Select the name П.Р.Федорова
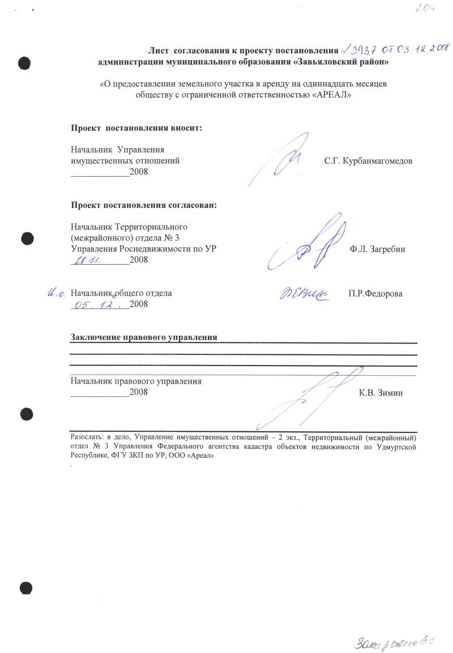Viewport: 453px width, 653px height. pos(375,294)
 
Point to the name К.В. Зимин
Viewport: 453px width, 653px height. pos(381,393)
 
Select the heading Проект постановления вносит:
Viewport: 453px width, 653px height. pos(136,128)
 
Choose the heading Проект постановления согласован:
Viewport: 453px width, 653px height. pos(143,205)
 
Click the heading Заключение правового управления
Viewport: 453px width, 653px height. pos(144,338)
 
